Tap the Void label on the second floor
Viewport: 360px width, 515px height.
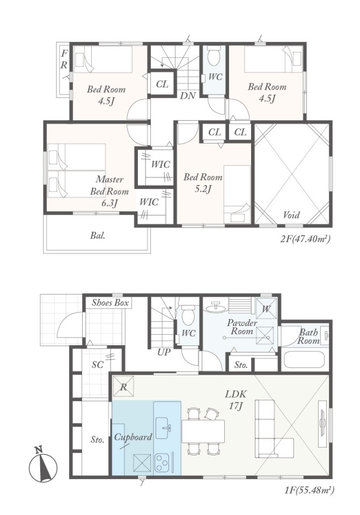291,215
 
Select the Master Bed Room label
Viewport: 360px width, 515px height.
109,192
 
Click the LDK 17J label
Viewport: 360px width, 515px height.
236,400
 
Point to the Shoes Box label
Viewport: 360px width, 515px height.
110,303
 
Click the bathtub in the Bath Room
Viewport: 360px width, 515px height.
304,360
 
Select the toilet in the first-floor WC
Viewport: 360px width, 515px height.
188,315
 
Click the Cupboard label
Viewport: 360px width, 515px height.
133,438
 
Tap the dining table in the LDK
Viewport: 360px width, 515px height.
203,431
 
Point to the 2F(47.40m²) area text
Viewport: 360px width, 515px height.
305,239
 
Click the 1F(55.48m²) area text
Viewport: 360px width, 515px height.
308,491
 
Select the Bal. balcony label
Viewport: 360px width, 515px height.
98,235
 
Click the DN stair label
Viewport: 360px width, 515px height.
188,95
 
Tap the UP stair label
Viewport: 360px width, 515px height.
164,352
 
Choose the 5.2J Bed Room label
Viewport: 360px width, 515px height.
203,183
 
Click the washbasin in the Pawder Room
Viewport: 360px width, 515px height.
216,306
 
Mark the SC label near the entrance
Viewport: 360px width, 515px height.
97,365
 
